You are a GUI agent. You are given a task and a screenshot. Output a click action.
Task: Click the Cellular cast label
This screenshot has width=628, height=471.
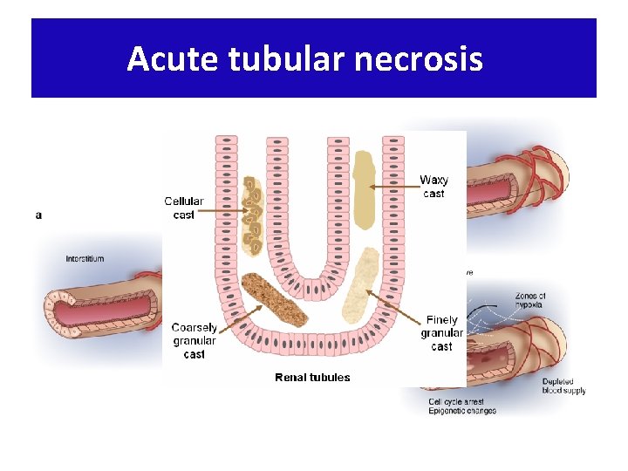pyautogui.click(x=184, y=208)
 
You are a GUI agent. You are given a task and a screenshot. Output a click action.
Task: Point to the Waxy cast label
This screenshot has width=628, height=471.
pyautogui.click(x=433, y=187)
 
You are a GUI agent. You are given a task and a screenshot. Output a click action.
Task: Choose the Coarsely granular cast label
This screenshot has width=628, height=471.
pyautogui.click(x=194, y=341)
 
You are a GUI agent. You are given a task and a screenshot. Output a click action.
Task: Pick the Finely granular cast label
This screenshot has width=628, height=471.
pyautogui.click(x=441, y=333)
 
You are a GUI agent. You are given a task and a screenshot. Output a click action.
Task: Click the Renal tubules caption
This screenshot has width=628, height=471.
pyautogui.click(x=312, y=378)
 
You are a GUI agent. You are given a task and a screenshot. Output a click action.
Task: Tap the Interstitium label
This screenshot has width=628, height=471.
pyautogui.click(x=85, y=259)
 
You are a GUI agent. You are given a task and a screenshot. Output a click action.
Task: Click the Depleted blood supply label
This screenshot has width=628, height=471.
pyautogui.click(x=563, y=386)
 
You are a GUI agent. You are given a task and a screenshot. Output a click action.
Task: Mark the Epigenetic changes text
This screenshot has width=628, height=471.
pyautogui.click(x=462, y=411)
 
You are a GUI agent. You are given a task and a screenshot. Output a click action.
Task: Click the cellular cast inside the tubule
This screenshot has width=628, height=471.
pyautogui.click(x=252, y=215)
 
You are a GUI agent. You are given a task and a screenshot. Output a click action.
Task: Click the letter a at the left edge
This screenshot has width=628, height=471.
pyautogui.click(x=38, y=215)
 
